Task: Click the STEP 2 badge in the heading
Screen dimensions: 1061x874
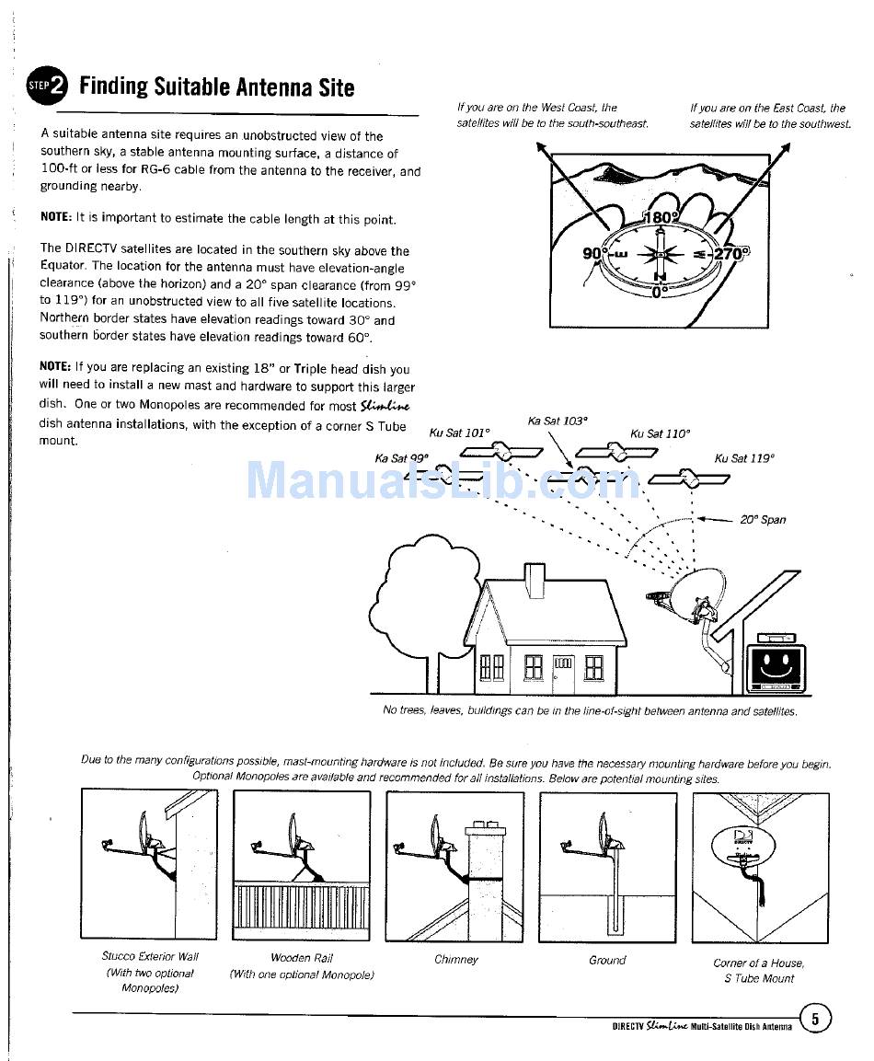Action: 47,86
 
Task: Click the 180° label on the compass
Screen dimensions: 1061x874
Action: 661,218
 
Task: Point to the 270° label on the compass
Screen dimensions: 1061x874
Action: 732,253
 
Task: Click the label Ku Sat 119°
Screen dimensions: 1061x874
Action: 744,457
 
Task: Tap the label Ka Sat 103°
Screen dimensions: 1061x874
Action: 558,421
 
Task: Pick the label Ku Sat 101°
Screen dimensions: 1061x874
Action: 461,432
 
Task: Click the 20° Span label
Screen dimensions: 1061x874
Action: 763,519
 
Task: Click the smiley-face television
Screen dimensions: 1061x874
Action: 777,663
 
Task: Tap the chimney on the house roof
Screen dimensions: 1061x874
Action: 535,581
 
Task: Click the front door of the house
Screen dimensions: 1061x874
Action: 563,673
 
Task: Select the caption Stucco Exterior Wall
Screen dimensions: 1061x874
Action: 150,957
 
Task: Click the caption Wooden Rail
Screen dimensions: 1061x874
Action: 302,958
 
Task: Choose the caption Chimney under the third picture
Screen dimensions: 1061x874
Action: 456,960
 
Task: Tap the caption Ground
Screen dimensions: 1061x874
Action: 607,960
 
